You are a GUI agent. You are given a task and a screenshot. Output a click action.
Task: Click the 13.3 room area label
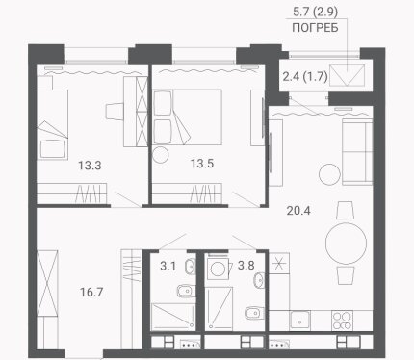tap(90, 166)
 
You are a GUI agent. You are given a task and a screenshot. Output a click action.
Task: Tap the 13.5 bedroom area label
tap(202, 164)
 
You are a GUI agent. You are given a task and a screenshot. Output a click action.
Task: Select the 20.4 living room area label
tap(298, 211)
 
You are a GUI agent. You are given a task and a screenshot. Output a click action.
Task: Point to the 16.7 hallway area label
tap(91, 293)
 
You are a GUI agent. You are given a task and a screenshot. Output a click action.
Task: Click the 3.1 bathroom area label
tap(168, 266)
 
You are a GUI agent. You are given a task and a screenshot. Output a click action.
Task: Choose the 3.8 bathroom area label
tap(246, 266)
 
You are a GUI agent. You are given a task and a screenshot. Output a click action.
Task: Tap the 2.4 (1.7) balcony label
tap(305, 77)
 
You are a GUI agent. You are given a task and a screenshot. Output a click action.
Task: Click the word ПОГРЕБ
tap(315, 28)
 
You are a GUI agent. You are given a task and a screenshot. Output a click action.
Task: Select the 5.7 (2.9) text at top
tap(315, 12)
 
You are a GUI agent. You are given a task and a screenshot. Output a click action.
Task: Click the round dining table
tap(346, 244)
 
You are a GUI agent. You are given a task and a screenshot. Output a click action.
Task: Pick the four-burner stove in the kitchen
tap(342, 321)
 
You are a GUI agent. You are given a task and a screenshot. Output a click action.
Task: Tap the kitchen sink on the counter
tap(300, 321)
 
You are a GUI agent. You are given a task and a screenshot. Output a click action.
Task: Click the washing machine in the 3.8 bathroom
tap(219, 269)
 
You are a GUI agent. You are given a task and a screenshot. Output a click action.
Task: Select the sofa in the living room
tap(357, 152)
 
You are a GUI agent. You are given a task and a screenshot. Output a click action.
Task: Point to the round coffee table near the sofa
tap(329, 174)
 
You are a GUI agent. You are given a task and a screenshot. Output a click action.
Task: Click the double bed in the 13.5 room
tap(188, 116)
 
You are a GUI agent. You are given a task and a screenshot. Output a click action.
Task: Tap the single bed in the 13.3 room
tap(52, 124)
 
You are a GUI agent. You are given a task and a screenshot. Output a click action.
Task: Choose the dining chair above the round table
tap(346, 210)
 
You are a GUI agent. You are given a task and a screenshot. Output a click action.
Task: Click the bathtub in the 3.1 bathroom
tap(173, 317)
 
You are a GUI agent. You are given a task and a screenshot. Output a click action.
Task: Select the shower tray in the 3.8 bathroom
tap(219, 308)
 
